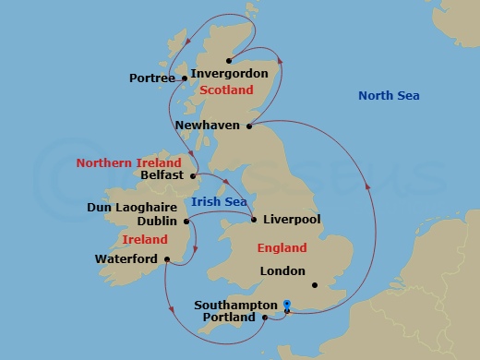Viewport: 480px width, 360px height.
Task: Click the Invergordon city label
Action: pyautogui.click(x=229, y=74)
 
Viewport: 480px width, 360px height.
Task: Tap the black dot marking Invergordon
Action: pyautogui.click(x=229, y=60)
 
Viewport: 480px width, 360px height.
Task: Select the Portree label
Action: pyautogui.click(x=152, y=78)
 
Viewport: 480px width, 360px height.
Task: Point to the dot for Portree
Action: pyautogui.click(x=182, y=78)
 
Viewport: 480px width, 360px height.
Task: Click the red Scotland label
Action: pyautogui.click(x=226, y=90)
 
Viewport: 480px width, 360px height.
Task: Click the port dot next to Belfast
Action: pyautogui.click(x=193, y=174)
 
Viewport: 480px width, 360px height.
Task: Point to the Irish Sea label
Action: pyautogui.click(x=217, y=202)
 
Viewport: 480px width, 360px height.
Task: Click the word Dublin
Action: pyautogui.click(x=157, y=222)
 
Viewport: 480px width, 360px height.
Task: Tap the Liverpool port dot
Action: pyautogui.click(x=253, y=220)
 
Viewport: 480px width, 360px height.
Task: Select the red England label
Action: pyautogui.click(x=283, y=247)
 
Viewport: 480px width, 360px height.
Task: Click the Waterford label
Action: pyautogui.click(x=126, y=259)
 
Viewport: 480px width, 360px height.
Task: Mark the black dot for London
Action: pyautogui.click(x=315, y=284)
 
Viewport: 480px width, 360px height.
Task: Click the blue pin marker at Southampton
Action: pyautogui.click(x=287, y=304)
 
